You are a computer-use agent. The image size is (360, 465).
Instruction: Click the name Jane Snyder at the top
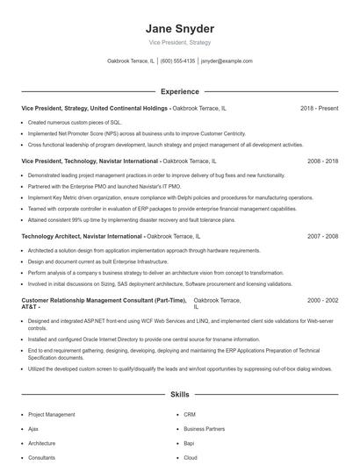click(179, 28)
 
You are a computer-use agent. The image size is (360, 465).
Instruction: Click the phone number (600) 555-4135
click(177, 61)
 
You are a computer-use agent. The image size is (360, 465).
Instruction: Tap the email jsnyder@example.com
click(227, 61)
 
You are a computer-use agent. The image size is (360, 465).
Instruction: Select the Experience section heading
click(179, 91)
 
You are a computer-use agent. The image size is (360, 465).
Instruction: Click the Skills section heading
click(179, 396)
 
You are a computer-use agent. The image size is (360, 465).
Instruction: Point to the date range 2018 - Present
click(319, 108)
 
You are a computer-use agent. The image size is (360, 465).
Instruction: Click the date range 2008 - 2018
click(322, 161)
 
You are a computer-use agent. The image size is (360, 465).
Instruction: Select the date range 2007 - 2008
click(322, 237)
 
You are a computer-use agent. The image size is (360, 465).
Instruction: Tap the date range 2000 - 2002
click(322, 300)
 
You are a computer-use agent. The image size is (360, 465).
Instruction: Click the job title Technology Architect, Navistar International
click(82, 237)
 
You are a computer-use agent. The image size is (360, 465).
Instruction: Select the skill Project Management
click(51, 414)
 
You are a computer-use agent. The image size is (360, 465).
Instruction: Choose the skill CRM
click(190, 414)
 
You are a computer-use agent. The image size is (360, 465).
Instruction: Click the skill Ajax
click(33, 429)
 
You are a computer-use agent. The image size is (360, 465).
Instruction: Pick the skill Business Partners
click(204, 429)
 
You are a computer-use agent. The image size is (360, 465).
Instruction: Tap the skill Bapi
click(190, 444)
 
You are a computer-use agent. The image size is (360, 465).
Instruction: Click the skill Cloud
click(191, 458)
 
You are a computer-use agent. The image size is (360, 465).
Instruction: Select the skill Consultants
click(41, 458)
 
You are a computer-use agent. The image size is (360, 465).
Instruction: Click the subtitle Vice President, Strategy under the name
click(179, 42)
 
